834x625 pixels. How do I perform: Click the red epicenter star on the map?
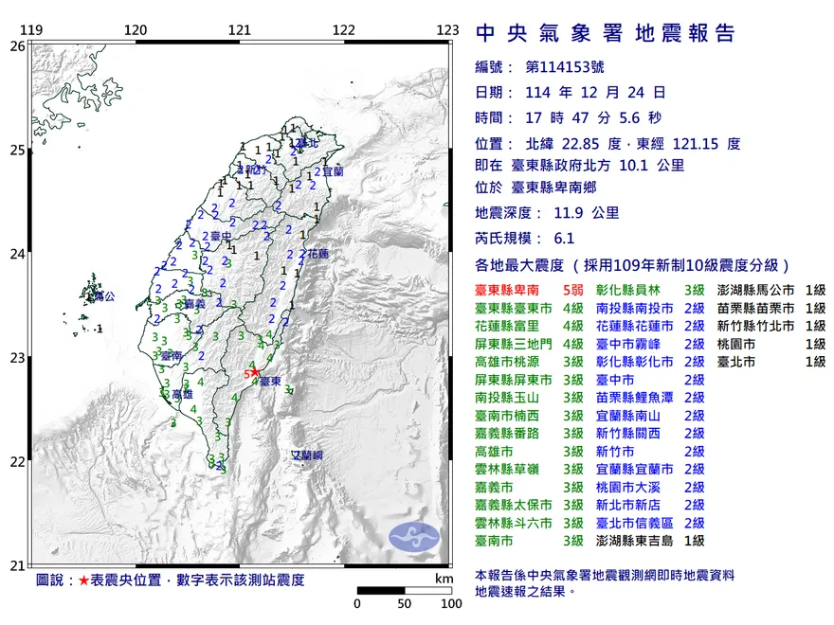255,372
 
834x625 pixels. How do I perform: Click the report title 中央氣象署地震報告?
605,34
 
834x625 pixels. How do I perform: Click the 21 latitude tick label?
17,566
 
